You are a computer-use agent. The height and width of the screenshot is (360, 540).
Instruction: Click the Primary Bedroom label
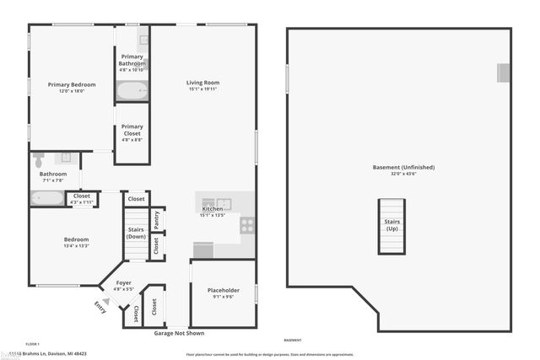coord(72,84)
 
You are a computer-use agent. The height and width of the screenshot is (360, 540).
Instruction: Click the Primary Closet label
coord(132,130)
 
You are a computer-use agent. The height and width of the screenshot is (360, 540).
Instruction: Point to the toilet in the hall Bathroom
coord(38,159)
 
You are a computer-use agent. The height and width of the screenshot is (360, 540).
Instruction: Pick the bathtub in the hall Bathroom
coord(46,199)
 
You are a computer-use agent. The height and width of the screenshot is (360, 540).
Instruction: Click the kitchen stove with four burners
coord(247,225)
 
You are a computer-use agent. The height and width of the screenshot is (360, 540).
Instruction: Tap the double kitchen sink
coord(216,203)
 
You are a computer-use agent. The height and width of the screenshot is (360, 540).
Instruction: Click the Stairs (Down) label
coord(136,233)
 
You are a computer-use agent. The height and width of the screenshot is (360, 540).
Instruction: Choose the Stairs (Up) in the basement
coord(391,225)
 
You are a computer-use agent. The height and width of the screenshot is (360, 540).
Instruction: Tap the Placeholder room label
coord(223,290)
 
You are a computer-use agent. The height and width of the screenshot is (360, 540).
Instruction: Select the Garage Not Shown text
coord(180,333)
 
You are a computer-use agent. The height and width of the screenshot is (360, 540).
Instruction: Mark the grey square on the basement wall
coord(504,73)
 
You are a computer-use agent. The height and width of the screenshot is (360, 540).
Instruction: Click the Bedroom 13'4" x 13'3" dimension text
coord(76,246)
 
